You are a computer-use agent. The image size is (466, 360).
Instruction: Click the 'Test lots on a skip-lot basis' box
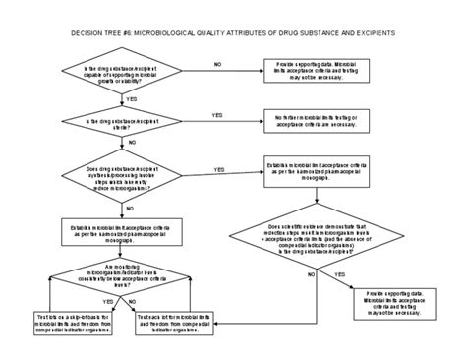point(69,323)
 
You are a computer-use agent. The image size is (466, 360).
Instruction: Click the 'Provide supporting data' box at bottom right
point(392,301)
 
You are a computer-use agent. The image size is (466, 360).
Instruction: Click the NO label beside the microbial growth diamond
point(216,63)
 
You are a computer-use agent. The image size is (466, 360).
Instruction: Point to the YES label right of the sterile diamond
point(217,114)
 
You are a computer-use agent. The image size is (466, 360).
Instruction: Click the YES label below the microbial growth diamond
point(132,99)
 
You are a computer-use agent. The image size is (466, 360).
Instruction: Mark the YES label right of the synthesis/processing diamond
point(218,169)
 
